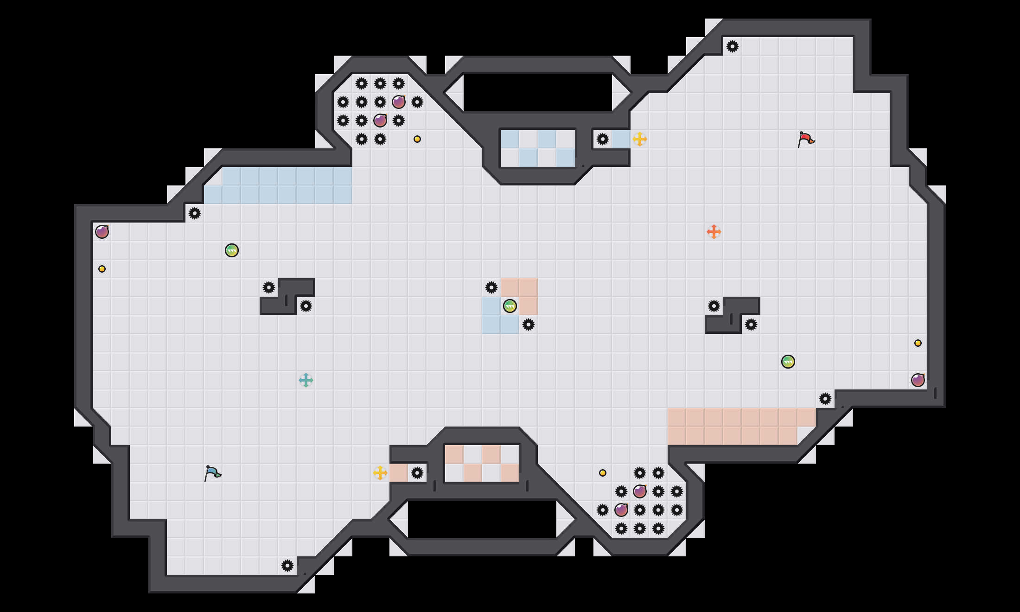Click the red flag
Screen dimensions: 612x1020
806,139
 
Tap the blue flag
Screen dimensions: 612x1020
212,473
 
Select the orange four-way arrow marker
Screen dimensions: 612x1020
714,231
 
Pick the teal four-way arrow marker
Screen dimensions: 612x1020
306,380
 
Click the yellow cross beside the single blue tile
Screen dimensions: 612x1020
639,139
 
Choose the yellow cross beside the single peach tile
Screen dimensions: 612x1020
380,473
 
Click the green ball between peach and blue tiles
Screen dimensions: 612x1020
510,306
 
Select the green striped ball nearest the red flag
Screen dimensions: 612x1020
788,362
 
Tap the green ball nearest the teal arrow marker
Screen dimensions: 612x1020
231,250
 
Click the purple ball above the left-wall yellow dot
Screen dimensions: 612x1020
102,231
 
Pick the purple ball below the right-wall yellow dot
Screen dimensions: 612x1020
918,380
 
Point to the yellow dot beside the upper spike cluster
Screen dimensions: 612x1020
417,139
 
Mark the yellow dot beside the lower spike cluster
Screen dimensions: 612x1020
602,473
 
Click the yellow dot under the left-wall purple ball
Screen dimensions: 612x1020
102,269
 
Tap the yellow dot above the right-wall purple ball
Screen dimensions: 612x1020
918,343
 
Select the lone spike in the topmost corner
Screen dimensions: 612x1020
732,46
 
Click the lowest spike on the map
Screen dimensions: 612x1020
287,566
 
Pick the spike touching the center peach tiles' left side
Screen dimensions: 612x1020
491,287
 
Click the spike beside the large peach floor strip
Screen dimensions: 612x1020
825,399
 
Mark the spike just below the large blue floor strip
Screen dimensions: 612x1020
194,213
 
